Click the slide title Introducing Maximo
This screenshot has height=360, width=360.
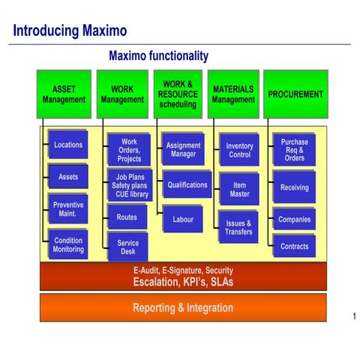70,31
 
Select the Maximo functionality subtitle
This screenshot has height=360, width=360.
158,56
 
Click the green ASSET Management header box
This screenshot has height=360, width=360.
64,94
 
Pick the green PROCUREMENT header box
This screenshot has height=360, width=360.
295,94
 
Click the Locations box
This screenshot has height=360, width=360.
68,145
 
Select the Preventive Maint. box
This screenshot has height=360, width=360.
68,209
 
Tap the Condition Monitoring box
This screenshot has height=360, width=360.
68,244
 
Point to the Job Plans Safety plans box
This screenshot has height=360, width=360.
129,185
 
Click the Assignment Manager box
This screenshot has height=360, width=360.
183,150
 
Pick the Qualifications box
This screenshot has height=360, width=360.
187,184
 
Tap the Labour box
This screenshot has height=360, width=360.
183,220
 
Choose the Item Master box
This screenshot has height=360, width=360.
239,189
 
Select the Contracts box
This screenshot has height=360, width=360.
294,246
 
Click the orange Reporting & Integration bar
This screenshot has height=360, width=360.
183,307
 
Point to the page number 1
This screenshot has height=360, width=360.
353,316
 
